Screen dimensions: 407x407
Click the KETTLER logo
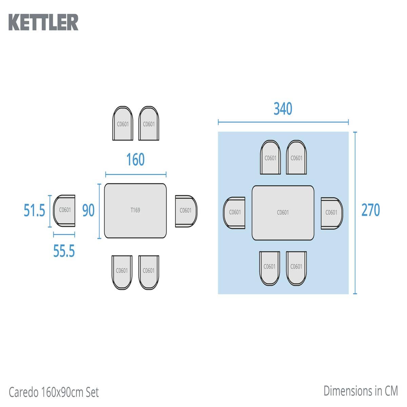pos(43,22)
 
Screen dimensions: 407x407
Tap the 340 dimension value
pos(283,109)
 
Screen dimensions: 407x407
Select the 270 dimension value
pos(371,210)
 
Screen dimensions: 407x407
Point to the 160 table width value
pos(135,159)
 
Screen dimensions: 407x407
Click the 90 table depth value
pos(88,210)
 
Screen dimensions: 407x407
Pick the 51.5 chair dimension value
pos(35,210)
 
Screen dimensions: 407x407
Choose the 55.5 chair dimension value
pos(64,251)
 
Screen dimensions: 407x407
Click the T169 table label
pos(135,210)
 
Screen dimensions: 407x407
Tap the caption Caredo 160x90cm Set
pos(54,392)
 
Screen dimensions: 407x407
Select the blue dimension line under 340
pos(283,122)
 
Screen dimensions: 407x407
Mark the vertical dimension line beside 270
pos(355,213)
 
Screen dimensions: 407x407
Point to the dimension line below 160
pos(136,174)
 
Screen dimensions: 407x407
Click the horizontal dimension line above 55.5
pos(64,234)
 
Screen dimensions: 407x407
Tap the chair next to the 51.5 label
pos(64,211)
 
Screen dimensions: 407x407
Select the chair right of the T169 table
pos(186,211)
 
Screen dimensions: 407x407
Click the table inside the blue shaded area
pos(283,213)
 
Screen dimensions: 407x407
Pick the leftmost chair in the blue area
pos(234,213)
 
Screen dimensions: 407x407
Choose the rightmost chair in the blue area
pos(332,213)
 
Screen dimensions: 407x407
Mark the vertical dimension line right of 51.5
pos(50,211)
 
